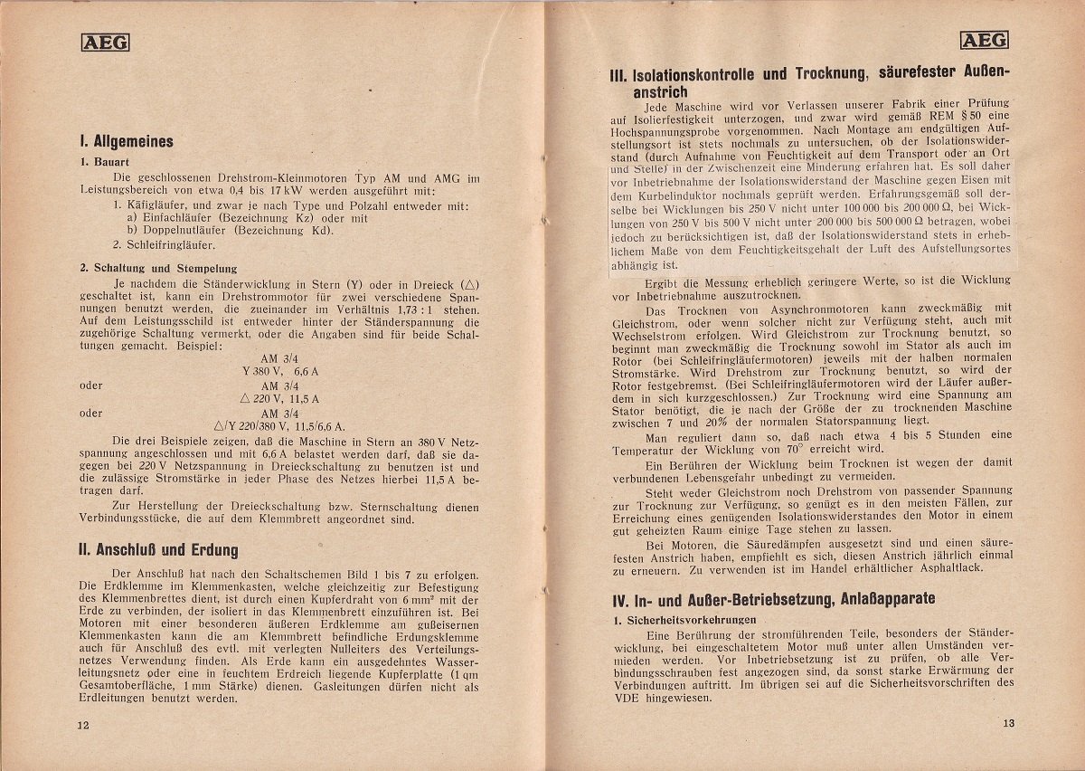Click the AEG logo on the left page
point(106,41)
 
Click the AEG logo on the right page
point(985,39)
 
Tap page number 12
point(83,725)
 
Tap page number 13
point(1009,722)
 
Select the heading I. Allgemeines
point(126,141)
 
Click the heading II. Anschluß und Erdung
point(158,549)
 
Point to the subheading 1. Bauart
point(105,163)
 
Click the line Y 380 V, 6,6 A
point(279,371)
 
